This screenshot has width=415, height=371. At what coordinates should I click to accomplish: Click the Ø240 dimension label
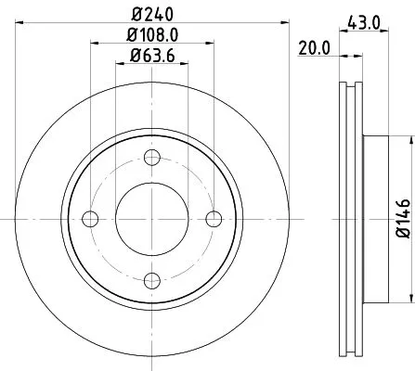(152, 13)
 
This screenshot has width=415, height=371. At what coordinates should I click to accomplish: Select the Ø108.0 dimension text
(152, 37)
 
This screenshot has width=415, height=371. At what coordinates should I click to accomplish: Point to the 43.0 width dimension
(364, 19)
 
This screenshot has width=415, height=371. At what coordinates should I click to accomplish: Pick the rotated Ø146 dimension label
(402, 217)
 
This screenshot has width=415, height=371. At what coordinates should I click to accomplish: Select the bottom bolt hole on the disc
(152, 280)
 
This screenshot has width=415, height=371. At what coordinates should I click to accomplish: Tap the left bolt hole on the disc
(90, 218)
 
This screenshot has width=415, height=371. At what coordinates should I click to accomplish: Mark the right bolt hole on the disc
(214, 218)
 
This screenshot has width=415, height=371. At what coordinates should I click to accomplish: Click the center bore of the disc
(152, 218)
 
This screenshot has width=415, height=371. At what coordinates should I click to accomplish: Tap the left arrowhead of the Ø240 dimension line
(19, 24)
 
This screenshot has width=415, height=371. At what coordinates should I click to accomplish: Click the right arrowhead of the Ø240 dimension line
(286, 24)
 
